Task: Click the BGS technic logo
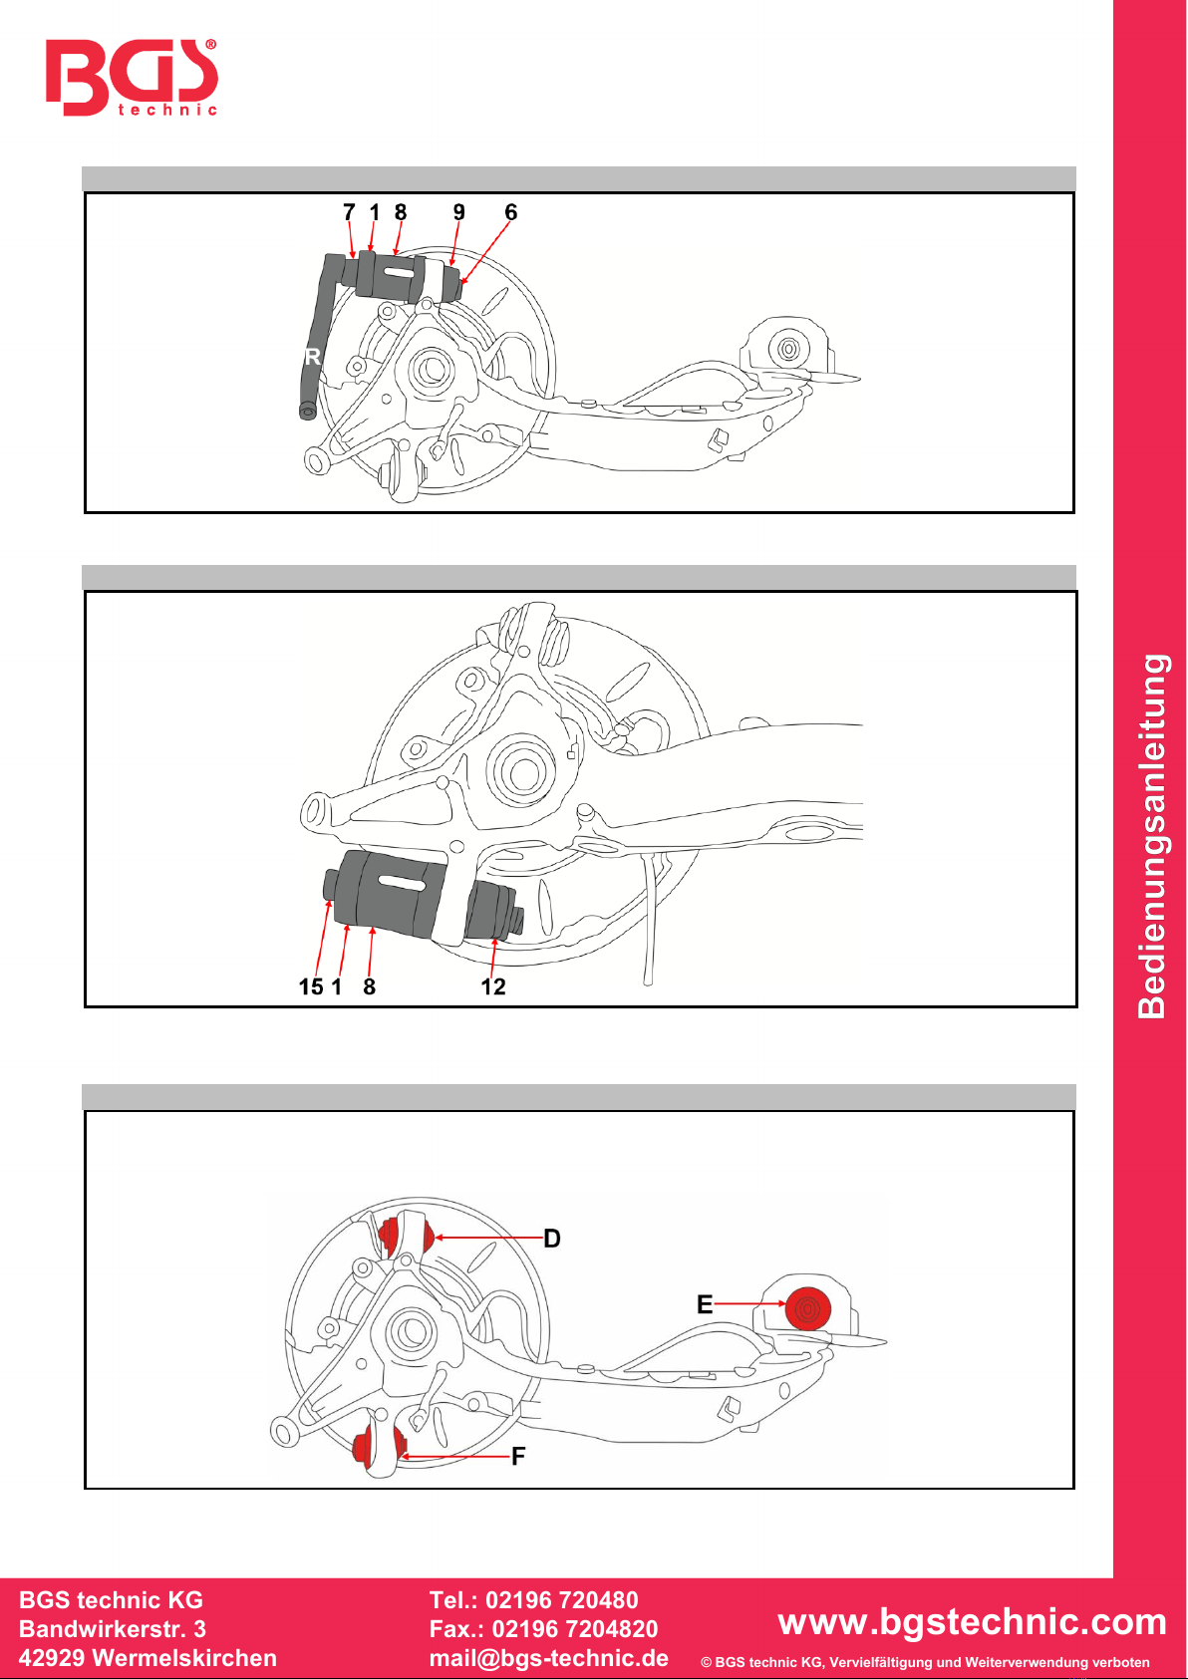tap(132, 77)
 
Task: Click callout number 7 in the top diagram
tap(349, 212)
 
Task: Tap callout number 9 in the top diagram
tap(458, 212)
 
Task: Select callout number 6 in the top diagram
tap(510, 212)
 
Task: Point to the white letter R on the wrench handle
tap(313, 356)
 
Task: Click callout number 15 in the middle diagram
tap(311, 986)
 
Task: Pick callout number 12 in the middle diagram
tap(493, 986)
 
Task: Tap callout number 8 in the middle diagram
tap(369, 986)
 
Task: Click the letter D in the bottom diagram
tap(552, 1239)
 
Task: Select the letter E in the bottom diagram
tap(705, 1304)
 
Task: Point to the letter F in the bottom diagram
tap(518, 1456)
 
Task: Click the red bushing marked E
tap(808, 1308)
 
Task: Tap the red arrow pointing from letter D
tap(488, 1238)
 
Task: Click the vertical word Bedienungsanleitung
tap(1152, 836)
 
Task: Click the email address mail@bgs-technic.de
tap(549, 1658)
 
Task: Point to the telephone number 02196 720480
tap(562, 1600)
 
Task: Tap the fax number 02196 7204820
tap(574, 1629)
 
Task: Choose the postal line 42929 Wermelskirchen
tap(148, 1658)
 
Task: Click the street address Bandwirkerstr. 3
tap(113, 1629)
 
